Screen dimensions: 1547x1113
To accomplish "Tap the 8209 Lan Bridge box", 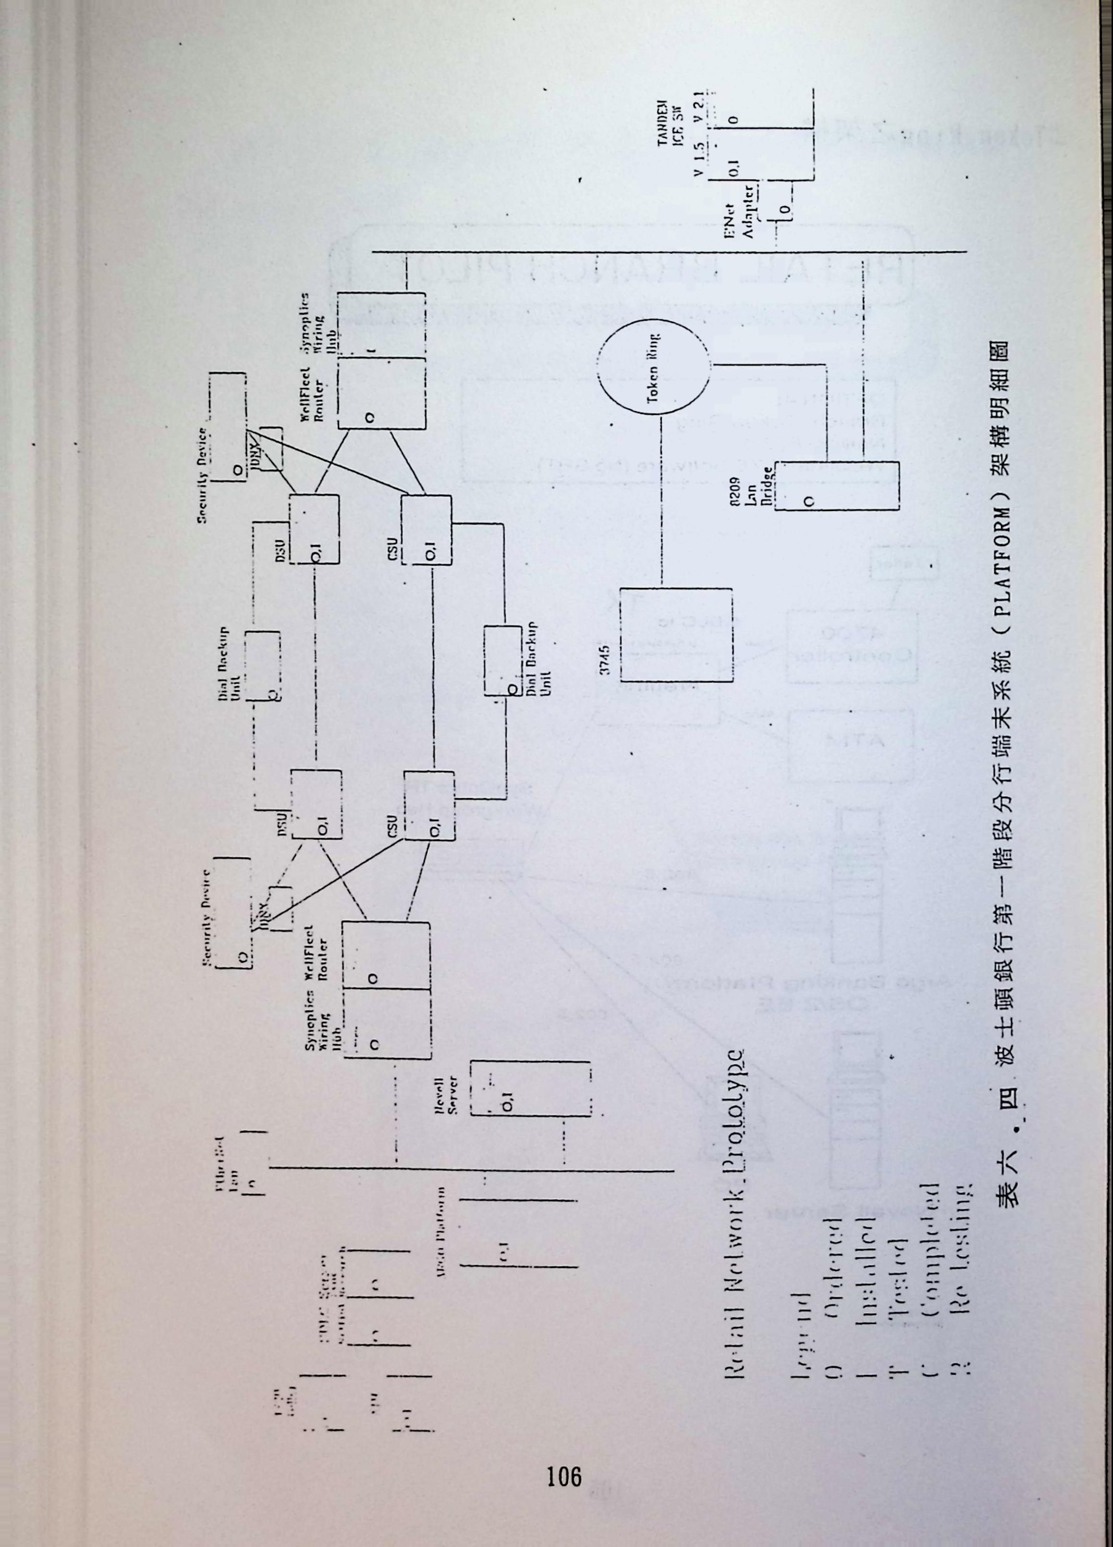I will pyautogui.click(x=840, y=486).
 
